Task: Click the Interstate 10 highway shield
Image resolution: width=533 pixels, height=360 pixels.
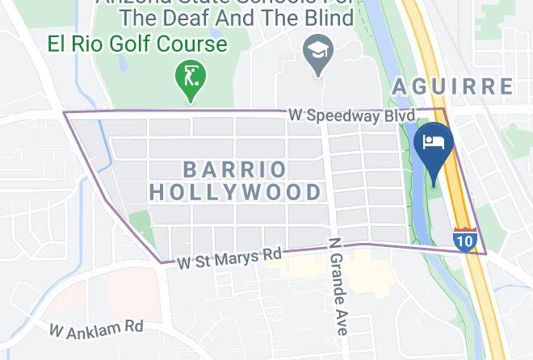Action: coord(464,240)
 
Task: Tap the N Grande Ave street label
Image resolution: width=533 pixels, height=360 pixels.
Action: coord(337,287)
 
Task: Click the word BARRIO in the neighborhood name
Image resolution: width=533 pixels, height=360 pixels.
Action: coord(234,170)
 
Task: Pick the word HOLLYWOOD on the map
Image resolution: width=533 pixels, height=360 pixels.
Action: coord(236,192)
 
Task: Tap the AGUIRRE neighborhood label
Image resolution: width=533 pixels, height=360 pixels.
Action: coord(453,86)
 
